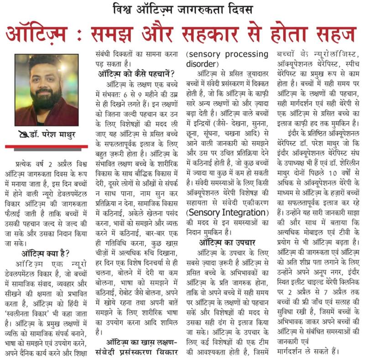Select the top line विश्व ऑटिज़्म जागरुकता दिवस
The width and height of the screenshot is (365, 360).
point(183,9)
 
